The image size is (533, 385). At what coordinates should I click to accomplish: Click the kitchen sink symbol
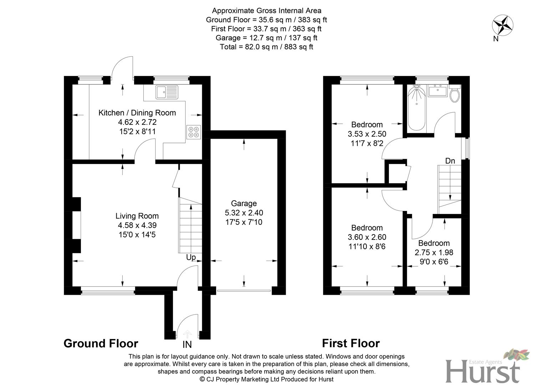click(167, 92)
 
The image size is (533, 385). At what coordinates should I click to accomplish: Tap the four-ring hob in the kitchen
click(193, 132)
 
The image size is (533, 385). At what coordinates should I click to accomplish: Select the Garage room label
click(244, 203)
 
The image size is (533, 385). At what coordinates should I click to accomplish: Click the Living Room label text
click(137, 216)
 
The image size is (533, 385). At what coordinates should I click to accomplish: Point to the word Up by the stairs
click(191, 257)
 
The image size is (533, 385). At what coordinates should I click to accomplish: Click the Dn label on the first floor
click(450, 161)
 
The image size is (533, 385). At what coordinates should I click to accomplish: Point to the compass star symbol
click(503, 25)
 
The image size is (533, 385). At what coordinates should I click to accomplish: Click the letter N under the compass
click(496, 39)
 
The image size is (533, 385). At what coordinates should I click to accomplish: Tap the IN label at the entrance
click(187, 345)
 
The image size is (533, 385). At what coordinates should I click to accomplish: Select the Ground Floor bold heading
click(101, 343)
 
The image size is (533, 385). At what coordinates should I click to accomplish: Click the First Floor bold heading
click(351, 343)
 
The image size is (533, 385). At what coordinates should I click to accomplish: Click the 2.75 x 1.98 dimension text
click(434, 252)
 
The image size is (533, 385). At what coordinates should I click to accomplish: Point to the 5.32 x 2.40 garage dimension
click(244, 212)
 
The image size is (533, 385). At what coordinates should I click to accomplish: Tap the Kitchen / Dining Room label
click(137, 113)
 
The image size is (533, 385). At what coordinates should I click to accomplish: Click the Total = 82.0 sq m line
click(266, 47)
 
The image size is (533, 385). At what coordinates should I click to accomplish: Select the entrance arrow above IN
click(187, 334)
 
